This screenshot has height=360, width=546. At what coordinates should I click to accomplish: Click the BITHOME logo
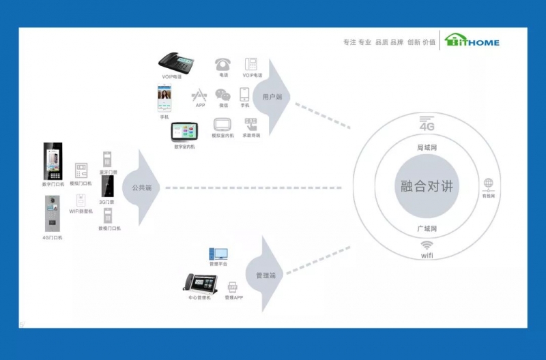pyautogui.click(x=472, y=42)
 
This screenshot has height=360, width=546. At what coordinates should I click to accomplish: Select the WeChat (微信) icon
pyautogui.click(x=222, y=95)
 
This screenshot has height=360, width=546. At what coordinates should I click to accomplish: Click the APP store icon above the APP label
pyautogui.click(x=199, y=95)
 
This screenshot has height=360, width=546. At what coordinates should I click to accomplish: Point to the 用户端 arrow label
pyautogui.click(x=272, y=97)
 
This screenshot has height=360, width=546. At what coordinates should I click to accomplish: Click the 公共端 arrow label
pyautogui.click(x=141, y=187)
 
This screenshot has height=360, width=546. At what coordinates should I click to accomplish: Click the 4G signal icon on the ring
pyautogui.click(x=427, y=124)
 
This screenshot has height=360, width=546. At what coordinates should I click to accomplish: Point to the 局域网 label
pyautogui.click(x=427, y=147)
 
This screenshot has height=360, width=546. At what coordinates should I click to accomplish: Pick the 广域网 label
pyautogui.click(x=427, y=228)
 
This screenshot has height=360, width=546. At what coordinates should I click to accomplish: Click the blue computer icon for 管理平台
pyautogui.click(x=218, y=254)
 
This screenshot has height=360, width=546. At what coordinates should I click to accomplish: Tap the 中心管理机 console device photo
pyautogui.click(x=199, y=282)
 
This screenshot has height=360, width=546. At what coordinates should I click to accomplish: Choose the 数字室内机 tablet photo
pyautogui.click(x=184, y=132)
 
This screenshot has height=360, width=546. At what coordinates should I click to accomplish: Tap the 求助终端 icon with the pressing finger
pyautogui.click(x=250, y=124)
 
